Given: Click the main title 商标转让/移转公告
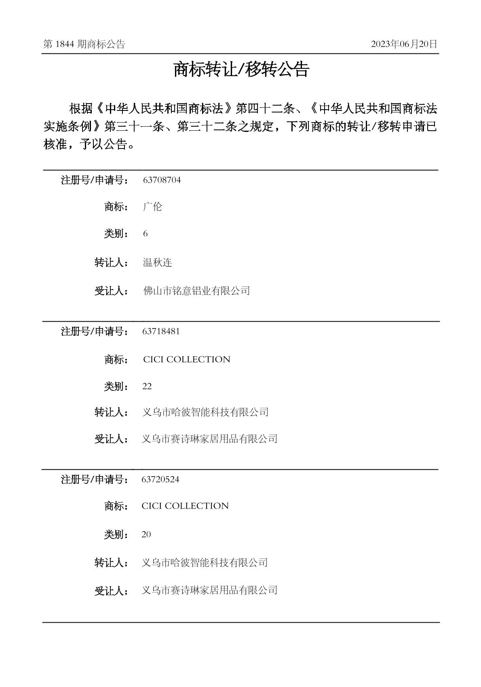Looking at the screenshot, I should point(241,70).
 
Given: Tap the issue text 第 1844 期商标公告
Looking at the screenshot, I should point(84,45).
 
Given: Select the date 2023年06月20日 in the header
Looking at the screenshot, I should point(404,45).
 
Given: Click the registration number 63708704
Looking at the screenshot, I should point(162,180).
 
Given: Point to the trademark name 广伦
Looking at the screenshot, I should point(152,207).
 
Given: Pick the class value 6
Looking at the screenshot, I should point(145,234).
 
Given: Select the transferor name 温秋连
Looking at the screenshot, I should point(157,263).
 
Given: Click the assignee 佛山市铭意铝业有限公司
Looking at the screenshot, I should point(196,290).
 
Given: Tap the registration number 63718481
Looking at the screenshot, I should point(161,331).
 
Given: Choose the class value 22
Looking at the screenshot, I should point(147,386).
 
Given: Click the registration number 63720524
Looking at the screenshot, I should point(160,479).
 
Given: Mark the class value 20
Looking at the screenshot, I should point(146,534).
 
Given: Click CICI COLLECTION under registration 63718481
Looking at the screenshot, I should point(186,360).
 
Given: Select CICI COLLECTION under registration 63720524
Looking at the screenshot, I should point(185,506).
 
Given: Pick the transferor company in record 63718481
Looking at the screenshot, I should point(205,412).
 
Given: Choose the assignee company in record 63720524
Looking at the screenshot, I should point(209,590).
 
